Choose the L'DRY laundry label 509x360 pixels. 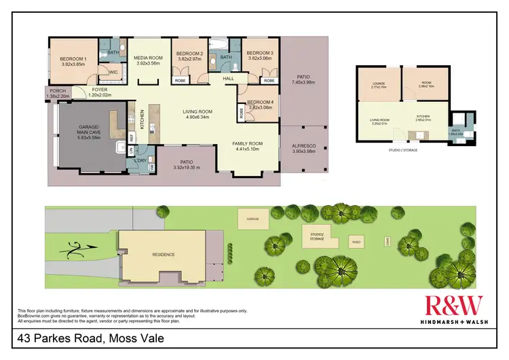point(141,160)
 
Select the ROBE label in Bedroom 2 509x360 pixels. point(181,80)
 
